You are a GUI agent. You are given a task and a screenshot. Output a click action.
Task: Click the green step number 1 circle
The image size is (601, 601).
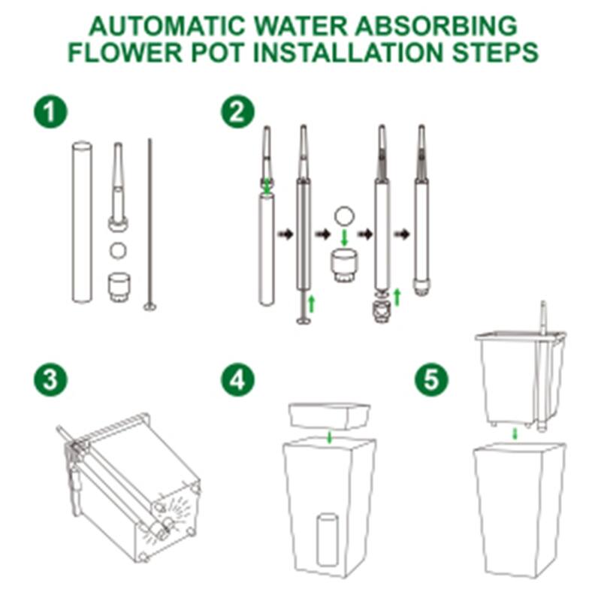(50, 111)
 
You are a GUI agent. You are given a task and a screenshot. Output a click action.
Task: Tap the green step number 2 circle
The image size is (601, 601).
(237, 111)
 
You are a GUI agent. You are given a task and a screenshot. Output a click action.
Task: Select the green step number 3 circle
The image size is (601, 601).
(50, 380)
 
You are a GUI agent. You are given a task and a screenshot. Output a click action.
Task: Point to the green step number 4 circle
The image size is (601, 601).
(237, 380)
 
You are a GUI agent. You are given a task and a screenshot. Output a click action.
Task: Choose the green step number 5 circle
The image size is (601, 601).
(431, 380)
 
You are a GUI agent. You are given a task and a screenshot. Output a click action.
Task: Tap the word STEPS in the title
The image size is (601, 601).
(495, 52)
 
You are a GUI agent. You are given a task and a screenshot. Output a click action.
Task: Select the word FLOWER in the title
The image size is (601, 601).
(125, 52)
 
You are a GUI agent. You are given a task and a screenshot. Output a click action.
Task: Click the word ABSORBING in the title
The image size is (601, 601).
(436, 26)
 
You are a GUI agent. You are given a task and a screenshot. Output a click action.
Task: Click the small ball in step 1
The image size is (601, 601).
(118, 251)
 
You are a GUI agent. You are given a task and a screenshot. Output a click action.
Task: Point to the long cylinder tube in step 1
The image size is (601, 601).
(82, 222)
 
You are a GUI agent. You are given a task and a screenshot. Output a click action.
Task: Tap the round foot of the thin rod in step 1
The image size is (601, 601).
(149, 307)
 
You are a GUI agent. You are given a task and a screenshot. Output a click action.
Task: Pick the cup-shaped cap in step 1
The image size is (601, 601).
(119, 286)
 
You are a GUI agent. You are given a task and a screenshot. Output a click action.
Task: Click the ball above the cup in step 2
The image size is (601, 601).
(344, 216)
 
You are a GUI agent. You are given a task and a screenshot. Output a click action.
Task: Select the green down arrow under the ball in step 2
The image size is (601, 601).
(344, 237)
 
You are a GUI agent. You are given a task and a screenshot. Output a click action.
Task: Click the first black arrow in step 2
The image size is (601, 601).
(285, 234)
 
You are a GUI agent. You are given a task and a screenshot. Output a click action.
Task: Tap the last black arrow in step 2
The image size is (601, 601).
(402, 234)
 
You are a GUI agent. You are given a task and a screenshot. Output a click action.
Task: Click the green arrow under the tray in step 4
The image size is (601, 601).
(329, 437)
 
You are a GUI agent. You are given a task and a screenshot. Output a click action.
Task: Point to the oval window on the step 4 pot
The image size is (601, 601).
(328, 541)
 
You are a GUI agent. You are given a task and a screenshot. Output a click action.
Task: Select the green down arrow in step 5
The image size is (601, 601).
(515, 434)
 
